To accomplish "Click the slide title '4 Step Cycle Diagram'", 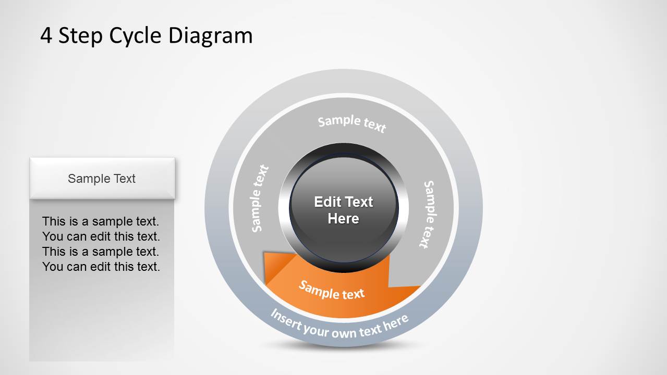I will click(147, 36).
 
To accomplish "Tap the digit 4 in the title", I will click(46, 36).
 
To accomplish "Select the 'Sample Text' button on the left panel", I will click(102, 179).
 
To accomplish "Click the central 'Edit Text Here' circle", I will click(344, 210).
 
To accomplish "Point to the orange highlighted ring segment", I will click(365, 299).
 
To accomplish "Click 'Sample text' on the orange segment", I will click(332, 291).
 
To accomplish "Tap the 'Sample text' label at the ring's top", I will click(352, 123).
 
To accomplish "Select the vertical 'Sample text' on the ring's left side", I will click(260, 198).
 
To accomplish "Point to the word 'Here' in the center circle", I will click(344, 219).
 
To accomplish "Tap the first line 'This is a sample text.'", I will click(101, 221).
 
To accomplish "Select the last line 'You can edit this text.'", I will click(101, 267).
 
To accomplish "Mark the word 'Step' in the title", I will click(80, 36).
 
